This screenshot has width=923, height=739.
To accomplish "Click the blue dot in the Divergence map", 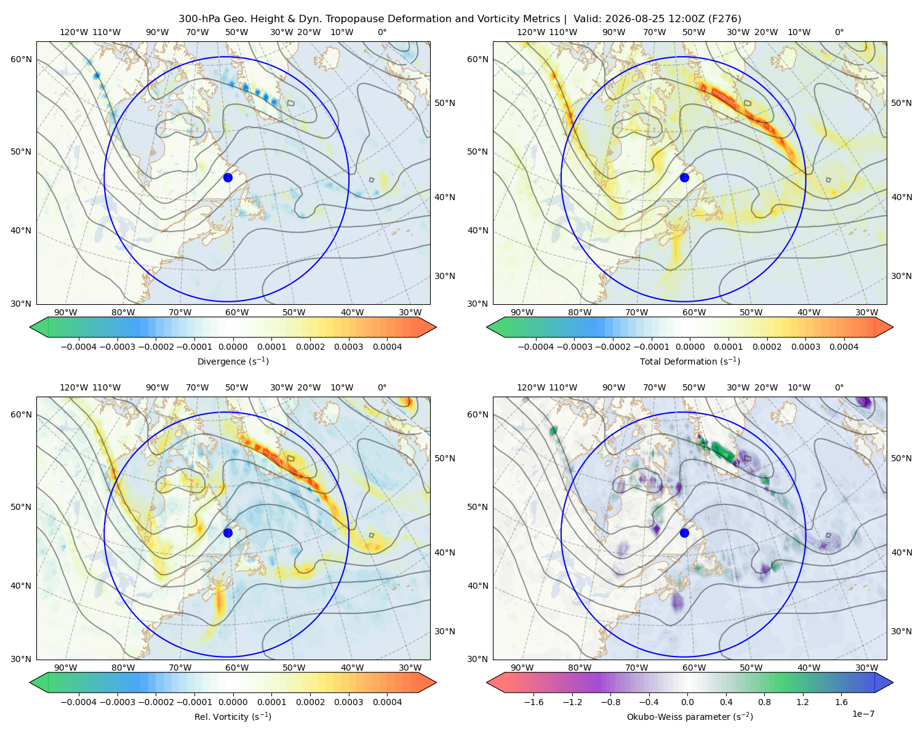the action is (228, 177).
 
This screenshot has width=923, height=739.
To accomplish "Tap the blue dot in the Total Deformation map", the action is (684, 177).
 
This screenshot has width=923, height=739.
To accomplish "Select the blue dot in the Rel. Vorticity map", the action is (228, 533).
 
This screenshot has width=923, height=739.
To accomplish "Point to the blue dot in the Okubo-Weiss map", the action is (684, 533).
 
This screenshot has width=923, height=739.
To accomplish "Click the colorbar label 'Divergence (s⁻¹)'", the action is (233, 361).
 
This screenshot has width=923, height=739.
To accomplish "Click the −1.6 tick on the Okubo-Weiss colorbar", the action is (533, 701).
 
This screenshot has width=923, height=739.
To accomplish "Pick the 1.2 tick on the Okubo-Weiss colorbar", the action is (802, 701).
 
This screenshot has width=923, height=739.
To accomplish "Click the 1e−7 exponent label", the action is (863, 714).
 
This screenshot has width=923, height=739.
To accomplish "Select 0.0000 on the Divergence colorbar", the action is (233, 347).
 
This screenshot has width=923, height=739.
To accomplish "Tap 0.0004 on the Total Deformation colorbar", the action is (844, 347).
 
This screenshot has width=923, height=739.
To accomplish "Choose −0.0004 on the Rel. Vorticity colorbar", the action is (79, 701).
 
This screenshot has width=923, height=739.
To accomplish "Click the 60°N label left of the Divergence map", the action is (21, 59).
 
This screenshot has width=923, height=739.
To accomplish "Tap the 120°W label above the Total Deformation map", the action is (530, 32).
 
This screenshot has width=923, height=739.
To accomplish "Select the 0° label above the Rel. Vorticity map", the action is (382, 387).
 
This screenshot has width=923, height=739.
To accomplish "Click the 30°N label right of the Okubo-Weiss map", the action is (901, 631).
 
